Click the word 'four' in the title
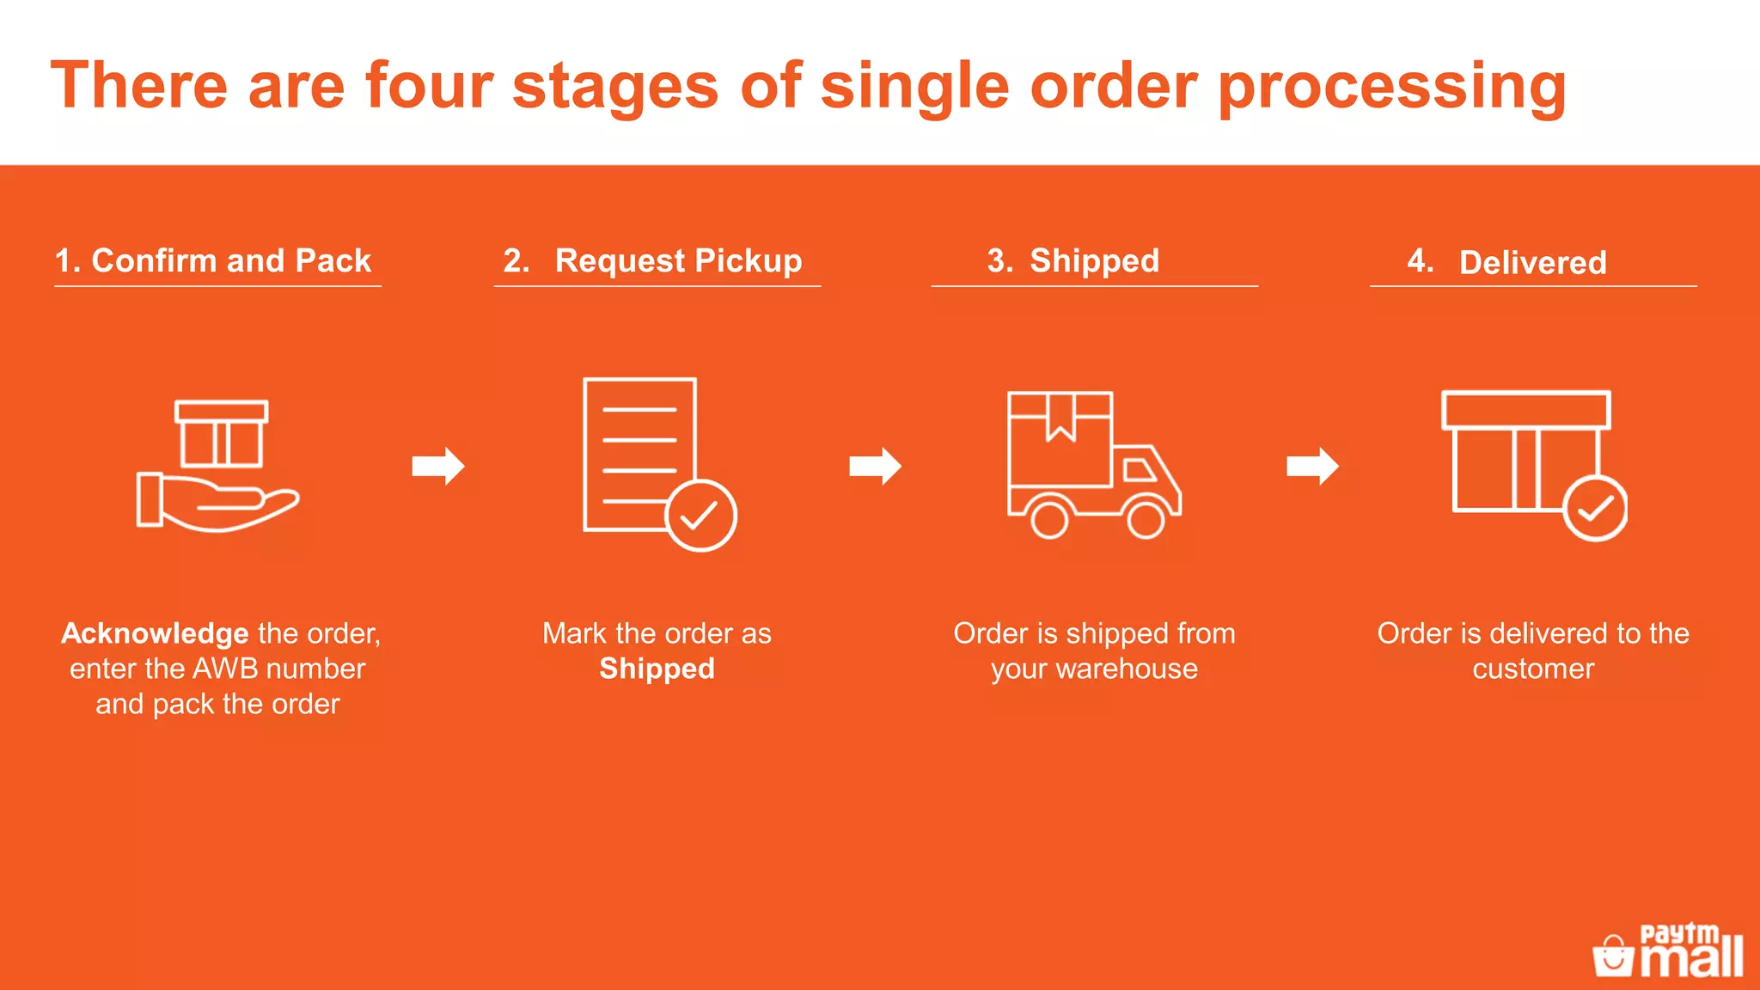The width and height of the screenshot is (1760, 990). click(429, 85)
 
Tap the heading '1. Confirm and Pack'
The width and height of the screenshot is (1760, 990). click(213, 260)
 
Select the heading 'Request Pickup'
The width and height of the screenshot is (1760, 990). click(678, 260)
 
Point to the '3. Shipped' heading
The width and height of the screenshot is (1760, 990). click(1073, 260)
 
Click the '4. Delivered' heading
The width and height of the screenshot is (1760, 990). click(1507, 261)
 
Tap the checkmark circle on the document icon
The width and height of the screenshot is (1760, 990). click(700, 515)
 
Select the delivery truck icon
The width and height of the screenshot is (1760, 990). click(1093, 465)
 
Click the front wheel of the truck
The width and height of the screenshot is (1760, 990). click(1146, 519)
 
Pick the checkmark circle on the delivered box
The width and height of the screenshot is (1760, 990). click(1595, 509)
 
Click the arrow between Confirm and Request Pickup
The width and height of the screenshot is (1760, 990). click(438, 467)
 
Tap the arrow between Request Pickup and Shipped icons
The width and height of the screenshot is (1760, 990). click(875, 467)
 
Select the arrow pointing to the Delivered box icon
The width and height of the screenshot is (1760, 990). click(1312, 467)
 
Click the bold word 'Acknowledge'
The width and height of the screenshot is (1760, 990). click(155, 633)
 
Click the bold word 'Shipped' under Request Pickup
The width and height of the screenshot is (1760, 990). click(657, 669)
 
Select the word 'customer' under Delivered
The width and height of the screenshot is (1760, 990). click(1533, 669)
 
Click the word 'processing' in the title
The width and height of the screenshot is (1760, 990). click(1392, 87)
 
